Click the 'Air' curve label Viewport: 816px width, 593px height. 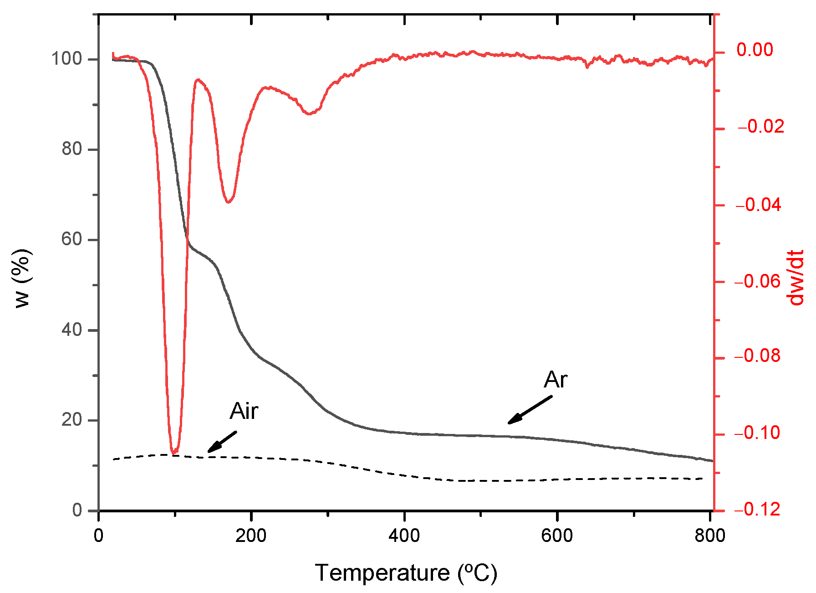(x=244, y=411)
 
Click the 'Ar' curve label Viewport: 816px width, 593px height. (x=556, y=380)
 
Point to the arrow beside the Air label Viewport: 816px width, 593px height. (x=222, y=442)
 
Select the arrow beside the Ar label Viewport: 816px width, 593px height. (x=530, y=410)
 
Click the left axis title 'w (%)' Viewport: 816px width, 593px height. (x=22, y=278)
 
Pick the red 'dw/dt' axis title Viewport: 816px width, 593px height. (x=796, y=278)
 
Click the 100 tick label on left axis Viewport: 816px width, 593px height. (x=66, y=59)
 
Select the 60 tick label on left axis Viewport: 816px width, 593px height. (x=72, y=239)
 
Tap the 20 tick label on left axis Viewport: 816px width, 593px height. (x=72, y=420)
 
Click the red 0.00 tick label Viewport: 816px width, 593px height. (x=755, y=50)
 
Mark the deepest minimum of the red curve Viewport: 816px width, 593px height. (x=174, y=453)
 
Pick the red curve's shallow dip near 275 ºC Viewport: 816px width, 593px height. (x=310, y=113)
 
